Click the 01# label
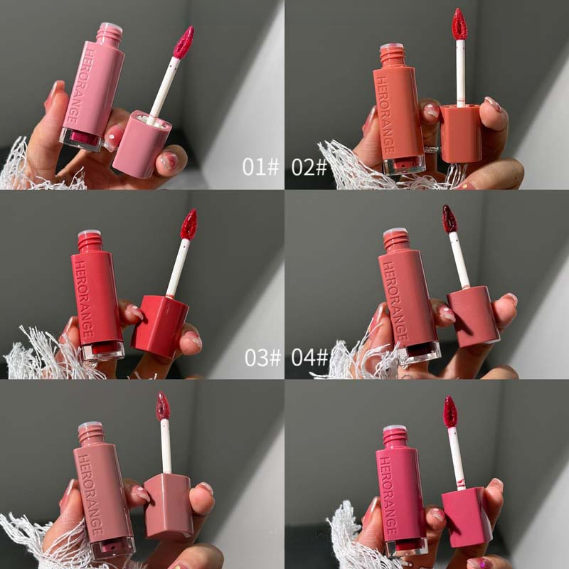[260, 167]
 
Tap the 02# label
[309, 167]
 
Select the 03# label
[262, 357]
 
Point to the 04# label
[309, 357]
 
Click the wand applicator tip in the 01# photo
[184, 42]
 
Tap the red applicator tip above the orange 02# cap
[459, 24]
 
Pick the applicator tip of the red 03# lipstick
[188, 224]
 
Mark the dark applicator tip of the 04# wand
[450, 219]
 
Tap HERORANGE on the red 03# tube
[83, 299]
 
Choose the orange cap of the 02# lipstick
[461, 134]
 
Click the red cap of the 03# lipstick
[159, 326]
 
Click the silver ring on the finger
[431, 149]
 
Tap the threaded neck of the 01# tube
[109, 33]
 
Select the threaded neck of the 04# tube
[396, 240]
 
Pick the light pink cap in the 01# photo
[142, 145]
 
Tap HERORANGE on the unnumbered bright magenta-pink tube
[388, 495]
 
